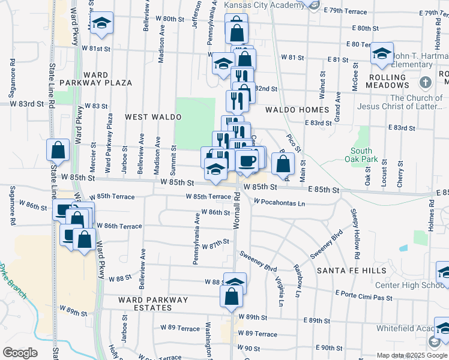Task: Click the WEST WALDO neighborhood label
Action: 148,116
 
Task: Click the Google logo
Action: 19,353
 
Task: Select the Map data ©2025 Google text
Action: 411,355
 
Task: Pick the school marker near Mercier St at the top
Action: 103,23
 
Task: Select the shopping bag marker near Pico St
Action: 283,163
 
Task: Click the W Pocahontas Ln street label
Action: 279,203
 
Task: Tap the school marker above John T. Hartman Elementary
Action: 382,53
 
